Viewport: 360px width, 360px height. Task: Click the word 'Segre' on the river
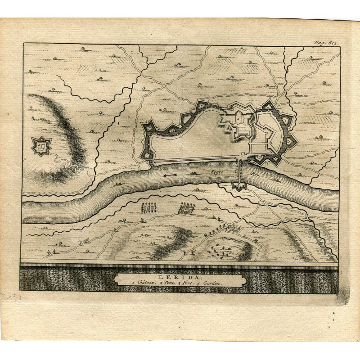pyautogui.click(x=218, y=171)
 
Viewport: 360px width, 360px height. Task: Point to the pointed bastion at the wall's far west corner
pyautogui.click(x=148, y=126)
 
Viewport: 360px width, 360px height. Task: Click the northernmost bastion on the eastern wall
pyautogui.click(x=270, y=107)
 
